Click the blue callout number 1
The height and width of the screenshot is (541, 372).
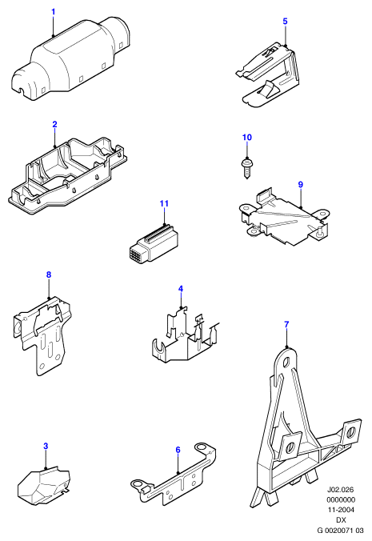tap(53, 12)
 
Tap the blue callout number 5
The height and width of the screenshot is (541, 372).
tap(285, 22)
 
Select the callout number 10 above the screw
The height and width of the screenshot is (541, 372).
tap(247, 138)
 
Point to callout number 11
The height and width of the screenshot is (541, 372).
tap(164, 203)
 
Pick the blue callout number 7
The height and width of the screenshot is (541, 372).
tap(286, 324)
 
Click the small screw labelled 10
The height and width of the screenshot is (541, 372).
tap(247, 168)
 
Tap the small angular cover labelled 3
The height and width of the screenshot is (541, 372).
tap(44, 483)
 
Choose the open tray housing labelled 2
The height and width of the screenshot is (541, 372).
tap(67, 174)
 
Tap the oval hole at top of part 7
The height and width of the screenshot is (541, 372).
tap(287, 363)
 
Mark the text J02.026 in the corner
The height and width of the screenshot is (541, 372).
tap(341, 490)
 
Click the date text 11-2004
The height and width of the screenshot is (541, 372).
tap(341, 510)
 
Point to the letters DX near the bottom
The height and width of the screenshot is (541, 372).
tap(341, 519)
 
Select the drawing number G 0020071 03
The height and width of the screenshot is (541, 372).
tap(341, 530)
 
